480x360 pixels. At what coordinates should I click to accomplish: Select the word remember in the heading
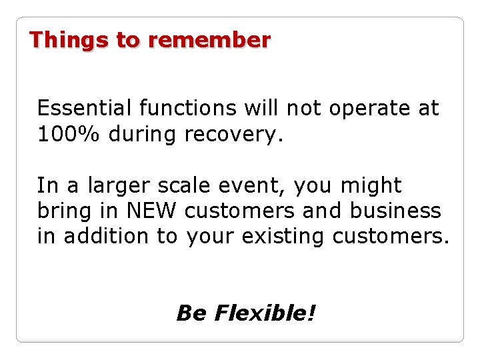(x=209, y=41)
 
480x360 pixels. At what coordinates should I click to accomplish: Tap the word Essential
(x=85, y=108)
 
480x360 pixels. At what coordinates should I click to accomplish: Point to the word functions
(x=188, y=108)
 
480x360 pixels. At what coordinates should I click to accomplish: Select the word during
(x=143, y=135)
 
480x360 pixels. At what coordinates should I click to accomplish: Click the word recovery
(x=233, y=135)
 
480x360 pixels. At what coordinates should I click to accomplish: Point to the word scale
(x=181, y=185)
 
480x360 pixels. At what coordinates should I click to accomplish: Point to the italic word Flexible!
(x=265, y=313)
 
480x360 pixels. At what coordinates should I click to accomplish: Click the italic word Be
(x=191, y=313)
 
